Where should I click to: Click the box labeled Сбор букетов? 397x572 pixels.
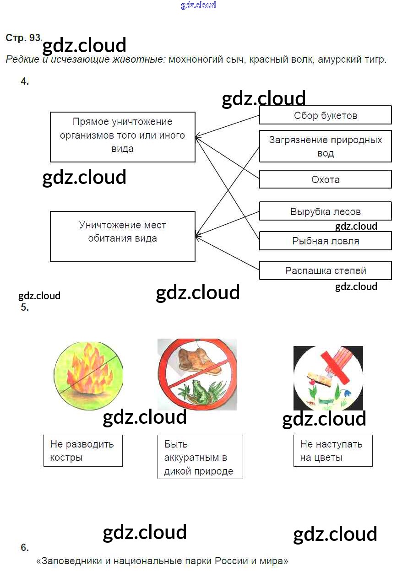click(x=325, y=115)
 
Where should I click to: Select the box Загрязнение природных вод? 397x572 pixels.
click(x=325, y=146)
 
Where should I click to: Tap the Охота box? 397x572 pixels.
click(x=325, y=179)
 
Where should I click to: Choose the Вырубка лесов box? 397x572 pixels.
click(x=325, y=211)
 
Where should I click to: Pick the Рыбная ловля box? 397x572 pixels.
click(x=325, y=241)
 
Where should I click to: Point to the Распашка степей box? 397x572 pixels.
click(x=325, y=270)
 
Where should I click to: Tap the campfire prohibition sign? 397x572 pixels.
click(x=88, y=375)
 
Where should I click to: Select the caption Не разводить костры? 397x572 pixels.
click(x=82, y=451)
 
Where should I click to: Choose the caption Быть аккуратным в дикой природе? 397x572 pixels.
click(x=200, y=457)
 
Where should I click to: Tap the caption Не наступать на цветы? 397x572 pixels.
click(x=332, y=451)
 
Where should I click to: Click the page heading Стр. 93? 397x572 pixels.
click(x=23, y=38)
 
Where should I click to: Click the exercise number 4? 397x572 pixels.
click(x=25, y=82)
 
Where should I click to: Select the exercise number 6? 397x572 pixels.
click(x=25, y=548)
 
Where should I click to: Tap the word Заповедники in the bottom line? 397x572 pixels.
click(x=68, y=561)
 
